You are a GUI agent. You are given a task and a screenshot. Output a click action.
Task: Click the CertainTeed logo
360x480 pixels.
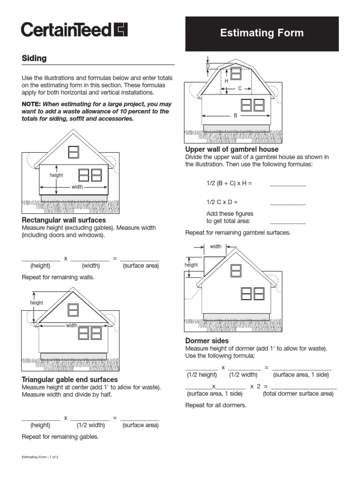[74, 30]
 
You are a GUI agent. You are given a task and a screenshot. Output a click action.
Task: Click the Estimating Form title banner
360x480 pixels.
[262, 33]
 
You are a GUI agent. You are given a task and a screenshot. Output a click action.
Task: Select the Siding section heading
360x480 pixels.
[34, 59]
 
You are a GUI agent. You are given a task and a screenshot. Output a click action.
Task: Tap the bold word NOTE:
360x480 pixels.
[32, 104]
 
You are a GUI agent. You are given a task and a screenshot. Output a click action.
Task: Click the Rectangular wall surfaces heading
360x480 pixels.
[64, 220]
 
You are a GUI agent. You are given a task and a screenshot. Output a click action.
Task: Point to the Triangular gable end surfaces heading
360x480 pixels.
[70, 379]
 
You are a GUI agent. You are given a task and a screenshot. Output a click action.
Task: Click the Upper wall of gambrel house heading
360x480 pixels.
[232, 149]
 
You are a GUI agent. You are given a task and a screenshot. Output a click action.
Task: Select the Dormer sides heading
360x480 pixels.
[207, 341]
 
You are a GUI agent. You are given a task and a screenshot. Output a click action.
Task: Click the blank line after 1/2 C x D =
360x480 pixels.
[288, 204]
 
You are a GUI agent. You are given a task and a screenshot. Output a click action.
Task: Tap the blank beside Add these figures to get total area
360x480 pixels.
[288, 223]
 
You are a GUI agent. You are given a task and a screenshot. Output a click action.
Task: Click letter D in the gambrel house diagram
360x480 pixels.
[208, 66]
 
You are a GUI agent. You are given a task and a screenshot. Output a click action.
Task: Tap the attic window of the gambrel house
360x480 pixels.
[236, 73]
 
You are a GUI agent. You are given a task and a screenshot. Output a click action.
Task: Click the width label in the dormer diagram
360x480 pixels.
[216, 247]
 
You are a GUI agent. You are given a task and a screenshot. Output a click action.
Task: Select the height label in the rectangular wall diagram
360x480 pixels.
[56, 175]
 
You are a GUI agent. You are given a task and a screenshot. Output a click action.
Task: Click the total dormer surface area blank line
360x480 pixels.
[304, 388]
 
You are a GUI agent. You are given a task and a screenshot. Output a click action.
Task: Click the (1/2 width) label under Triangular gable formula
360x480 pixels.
[91, 426]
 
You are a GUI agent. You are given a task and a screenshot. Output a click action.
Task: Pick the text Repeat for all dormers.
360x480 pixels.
[216, 405]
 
